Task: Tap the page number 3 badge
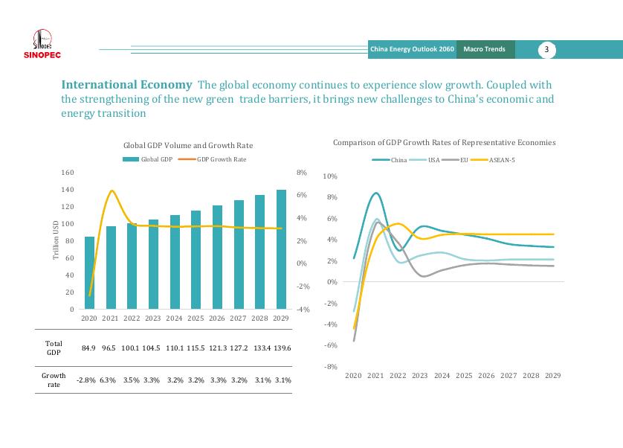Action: tap(546, 50)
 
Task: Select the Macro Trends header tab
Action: tap(484, 50)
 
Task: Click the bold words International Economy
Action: tap(126, 85)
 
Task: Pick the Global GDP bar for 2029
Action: tap(281, 249)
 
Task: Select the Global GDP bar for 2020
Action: tap(89, 272)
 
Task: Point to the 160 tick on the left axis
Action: tap(67, 172)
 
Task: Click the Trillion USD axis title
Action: tap(57, 240)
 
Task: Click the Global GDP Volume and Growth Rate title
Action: tap(185, 146)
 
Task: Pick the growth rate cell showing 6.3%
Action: tap(109, 380)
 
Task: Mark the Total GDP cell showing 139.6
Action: tap(282, 348)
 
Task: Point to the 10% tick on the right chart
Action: tap(331, 176)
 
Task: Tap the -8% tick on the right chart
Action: tap(331, 367)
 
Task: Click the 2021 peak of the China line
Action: tap(376, 193)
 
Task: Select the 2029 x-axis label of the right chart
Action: tap(552, 376)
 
